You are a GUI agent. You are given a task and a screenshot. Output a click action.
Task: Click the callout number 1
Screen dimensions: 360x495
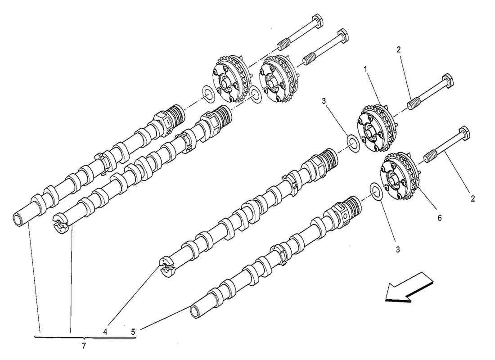point(366,70)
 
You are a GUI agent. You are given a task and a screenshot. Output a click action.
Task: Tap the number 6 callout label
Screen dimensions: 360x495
point(440,218)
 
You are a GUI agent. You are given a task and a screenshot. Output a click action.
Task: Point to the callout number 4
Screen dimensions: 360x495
point(105,332)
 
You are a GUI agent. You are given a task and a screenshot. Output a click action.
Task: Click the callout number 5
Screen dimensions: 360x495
point(133,332)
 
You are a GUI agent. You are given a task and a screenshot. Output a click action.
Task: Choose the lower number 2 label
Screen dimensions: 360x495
point(472,198)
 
